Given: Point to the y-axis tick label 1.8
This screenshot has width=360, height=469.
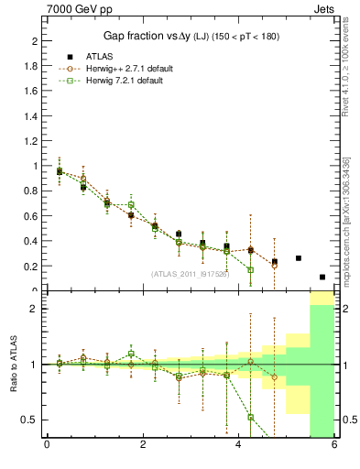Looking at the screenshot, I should (31, 66).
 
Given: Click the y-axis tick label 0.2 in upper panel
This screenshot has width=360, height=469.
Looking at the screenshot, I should (31, 267).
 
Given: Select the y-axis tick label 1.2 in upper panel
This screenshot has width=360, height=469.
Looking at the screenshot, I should (31, 141).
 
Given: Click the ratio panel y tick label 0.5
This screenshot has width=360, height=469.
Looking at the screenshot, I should (31, 420).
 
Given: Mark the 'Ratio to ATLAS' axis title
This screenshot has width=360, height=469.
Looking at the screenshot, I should (13, 365).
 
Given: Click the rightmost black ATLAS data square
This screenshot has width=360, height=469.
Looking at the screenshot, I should (322, 277).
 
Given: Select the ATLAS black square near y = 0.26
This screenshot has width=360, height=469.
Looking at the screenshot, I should (299, 258).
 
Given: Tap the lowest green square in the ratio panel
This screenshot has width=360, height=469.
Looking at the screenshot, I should (250, 417).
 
